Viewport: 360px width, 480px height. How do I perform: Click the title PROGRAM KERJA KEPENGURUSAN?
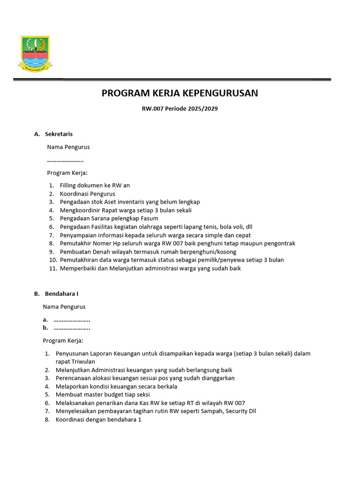click(180, 93)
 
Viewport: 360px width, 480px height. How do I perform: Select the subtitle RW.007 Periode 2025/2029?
click(180, 109)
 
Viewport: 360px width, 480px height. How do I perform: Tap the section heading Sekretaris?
click(59, 134)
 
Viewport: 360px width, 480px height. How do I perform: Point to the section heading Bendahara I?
click(61, 294)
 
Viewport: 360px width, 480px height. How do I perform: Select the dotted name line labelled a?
click(72, 320)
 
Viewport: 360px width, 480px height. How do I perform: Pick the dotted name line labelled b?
click(72, 328)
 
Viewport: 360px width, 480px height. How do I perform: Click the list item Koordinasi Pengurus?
click(87, 194)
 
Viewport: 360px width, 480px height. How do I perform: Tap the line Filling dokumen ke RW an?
click(95, 186)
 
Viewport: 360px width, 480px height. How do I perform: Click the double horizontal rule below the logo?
click(172, 80)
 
